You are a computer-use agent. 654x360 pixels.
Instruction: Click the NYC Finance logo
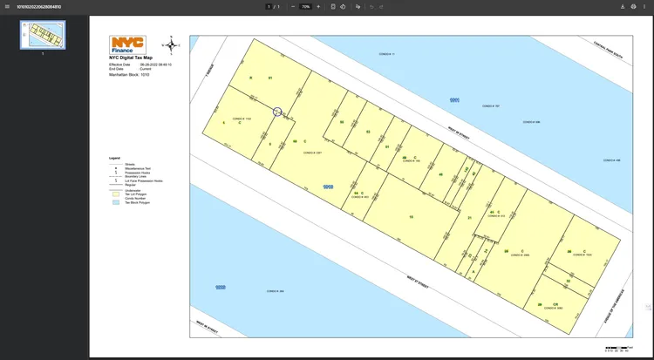127,45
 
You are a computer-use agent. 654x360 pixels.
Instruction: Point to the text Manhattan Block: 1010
129,75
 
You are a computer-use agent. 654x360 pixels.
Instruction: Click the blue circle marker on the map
277,112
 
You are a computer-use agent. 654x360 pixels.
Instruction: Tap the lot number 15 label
411,216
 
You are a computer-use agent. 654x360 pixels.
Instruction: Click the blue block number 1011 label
453,100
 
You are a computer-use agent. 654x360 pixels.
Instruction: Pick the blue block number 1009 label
221,287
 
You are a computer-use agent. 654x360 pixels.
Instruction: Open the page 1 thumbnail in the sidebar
43,35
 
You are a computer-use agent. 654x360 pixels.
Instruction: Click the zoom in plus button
318,6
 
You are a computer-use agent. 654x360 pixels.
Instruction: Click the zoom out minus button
292,6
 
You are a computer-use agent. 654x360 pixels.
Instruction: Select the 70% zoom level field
305,6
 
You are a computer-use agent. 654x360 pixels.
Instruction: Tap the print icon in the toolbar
633,6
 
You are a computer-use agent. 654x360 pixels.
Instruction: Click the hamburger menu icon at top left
8,6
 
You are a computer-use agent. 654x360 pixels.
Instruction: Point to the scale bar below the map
617,348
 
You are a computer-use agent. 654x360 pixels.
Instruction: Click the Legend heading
114,158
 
